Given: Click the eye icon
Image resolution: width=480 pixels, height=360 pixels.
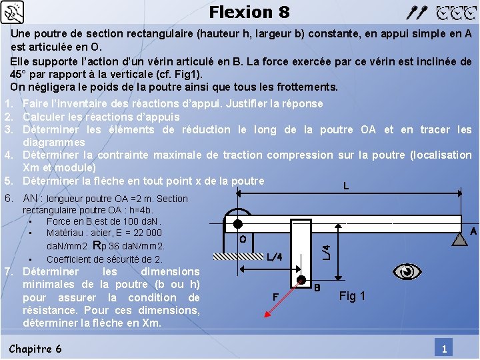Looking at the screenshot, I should point(407,271).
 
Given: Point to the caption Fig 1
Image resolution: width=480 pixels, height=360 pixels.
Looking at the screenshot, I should point(352,296).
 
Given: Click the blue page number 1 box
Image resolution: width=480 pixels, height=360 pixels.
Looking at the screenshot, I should point(443,349).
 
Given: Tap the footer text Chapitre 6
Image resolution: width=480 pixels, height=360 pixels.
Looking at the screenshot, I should point(35,349).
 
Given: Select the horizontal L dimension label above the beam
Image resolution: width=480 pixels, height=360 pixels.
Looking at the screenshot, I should point(345,186).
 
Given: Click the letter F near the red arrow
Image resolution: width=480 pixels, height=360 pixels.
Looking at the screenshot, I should point(275,296).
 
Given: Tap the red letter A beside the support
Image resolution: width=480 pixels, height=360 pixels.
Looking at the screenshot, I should point(473,231).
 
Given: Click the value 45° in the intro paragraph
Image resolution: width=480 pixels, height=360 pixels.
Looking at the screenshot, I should point(19,74).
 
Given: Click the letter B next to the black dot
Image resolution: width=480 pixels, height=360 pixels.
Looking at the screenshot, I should point(317,288).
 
